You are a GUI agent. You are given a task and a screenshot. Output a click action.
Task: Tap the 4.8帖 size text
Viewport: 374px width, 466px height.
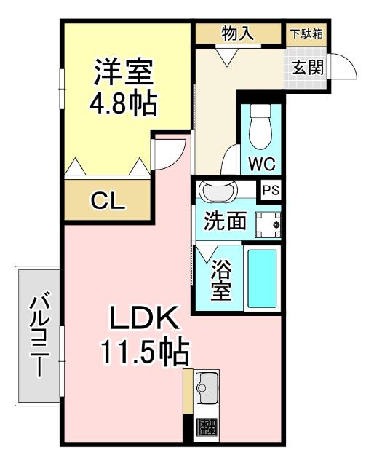coord(123,105)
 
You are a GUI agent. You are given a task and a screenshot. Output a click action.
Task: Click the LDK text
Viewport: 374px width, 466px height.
coord(144,319)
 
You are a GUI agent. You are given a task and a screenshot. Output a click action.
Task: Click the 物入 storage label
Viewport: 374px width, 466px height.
coord(237,33)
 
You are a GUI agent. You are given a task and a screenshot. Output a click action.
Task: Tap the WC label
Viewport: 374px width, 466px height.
coord(260,163)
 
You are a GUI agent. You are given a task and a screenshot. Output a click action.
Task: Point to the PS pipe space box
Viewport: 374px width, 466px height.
coord(271,189)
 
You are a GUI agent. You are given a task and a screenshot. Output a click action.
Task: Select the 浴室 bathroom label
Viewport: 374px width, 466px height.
coord(221,280)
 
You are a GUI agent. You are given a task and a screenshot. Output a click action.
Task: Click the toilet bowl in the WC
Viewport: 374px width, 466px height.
coord(258,131)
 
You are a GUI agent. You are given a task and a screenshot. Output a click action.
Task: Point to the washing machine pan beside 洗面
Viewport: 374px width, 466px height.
coord(271,223)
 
